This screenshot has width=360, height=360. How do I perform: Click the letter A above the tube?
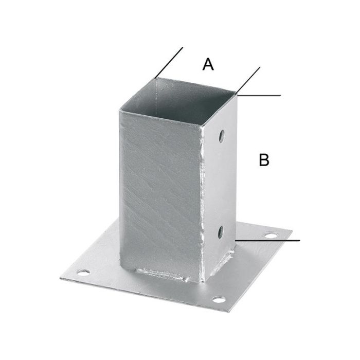tap(208, 64)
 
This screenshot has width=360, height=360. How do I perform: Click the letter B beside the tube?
tap(264, 160)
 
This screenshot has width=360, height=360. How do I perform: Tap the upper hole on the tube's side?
tap(221, 136)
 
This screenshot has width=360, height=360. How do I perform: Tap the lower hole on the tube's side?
tap(221, 232)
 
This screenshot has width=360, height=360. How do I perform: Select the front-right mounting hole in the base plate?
tap(218, 299)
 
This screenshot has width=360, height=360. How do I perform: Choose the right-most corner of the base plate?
tap(292, 231)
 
